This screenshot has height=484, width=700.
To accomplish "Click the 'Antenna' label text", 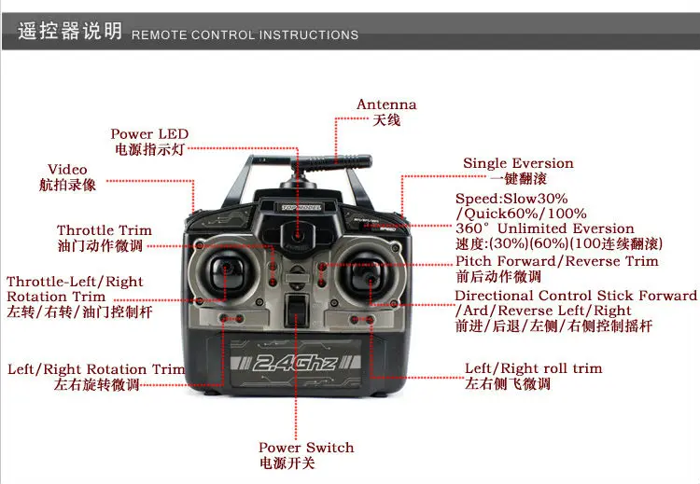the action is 386,104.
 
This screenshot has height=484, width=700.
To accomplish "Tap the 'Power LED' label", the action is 149,134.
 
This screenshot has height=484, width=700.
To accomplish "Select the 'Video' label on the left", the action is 67,170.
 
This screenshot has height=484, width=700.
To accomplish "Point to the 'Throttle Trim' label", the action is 104,230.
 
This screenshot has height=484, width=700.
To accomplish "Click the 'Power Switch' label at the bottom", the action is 306,448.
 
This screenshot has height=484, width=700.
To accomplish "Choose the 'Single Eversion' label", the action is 518,163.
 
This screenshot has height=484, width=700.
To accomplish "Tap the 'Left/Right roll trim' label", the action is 534,368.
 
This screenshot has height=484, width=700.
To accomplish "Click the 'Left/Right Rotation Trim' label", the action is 96,369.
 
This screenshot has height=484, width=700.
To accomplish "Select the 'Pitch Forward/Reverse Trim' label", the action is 556,261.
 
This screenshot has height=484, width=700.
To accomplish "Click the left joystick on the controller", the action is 225,272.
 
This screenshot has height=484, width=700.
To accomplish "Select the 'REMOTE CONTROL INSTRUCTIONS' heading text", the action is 245,35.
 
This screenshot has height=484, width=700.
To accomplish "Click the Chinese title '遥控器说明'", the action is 70,32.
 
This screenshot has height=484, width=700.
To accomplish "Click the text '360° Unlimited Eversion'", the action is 544,228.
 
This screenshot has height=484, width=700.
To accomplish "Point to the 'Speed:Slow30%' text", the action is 511,199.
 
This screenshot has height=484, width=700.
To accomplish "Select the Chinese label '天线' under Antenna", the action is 386,120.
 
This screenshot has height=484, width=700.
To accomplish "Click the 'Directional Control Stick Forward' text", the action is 576,296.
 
